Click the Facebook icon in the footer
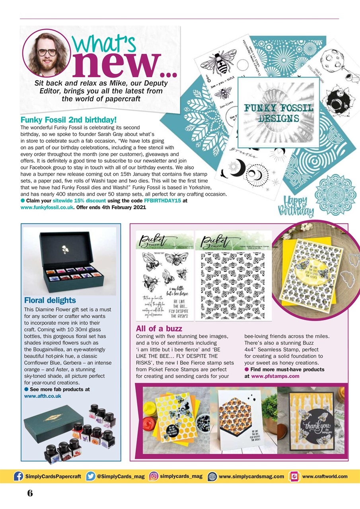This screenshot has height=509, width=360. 18,476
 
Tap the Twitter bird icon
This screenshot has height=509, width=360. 91,476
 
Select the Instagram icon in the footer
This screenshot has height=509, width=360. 154,476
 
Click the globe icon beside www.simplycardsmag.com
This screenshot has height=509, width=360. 212,476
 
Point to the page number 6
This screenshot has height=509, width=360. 30,493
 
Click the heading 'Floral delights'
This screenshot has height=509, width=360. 50,300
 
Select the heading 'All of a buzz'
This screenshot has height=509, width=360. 159,328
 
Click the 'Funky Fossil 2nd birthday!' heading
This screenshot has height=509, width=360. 68,119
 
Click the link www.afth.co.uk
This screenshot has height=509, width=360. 43,396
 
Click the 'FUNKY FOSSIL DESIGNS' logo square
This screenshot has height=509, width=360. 278,113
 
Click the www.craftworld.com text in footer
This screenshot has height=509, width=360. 325,476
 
